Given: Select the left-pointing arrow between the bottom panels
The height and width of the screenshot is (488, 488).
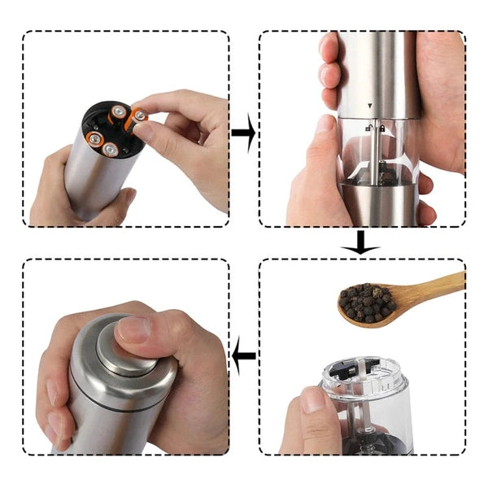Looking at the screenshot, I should (x=244, y=355).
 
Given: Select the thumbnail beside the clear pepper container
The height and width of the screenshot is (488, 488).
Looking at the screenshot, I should (x=314, y=399).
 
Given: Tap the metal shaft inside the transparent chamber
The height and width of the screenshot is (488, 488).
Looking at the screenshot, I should (x=375, y=155).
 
